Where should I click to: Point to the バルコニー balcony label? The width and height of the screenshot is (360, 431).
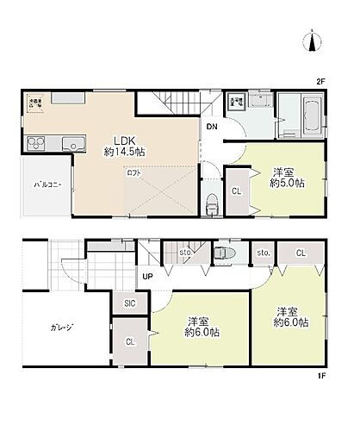tap(47, 184)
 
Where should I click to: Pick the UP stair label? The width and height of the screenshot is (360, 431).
tap(148, 277)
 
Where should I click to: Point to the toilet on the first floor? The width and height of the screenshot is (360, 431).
tap(225, 253)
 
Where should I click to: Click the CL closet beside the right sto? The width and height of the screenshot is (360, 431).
tap(300, 253)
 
